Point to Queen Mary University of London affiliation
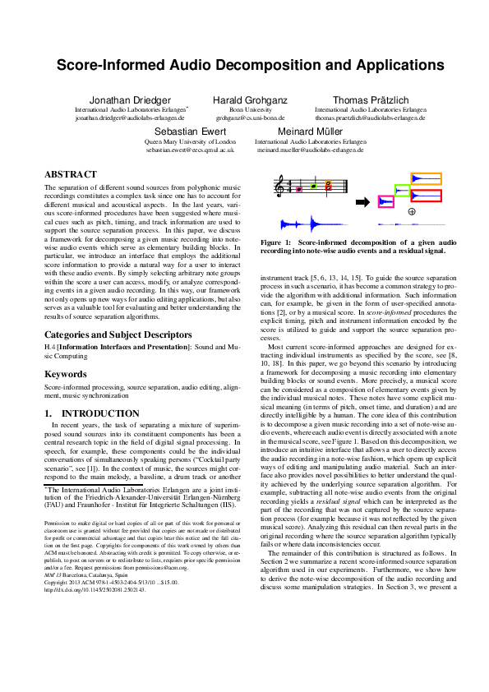tap(190, 142)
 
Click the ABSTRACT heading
tap(71, 174)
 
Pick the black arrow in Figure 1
tap(361, 201)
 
